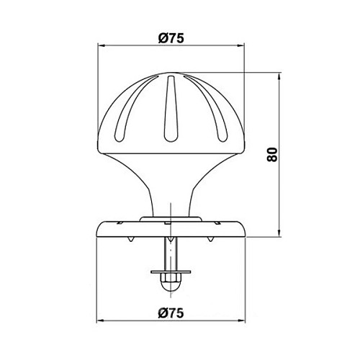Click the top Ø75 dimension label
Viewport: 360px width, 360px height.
[171, 38]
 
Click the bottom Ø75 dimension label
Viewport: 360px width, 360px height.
[171, 313]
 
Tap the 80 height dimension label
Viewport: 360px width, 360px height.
[272, 154]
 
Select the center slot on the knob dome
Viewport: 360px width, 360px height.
[171, 109]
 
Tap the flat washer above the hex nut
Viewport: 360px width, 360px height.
[171, 272]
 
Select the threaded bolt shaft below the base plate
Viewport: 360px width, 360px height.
[171, 254]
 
